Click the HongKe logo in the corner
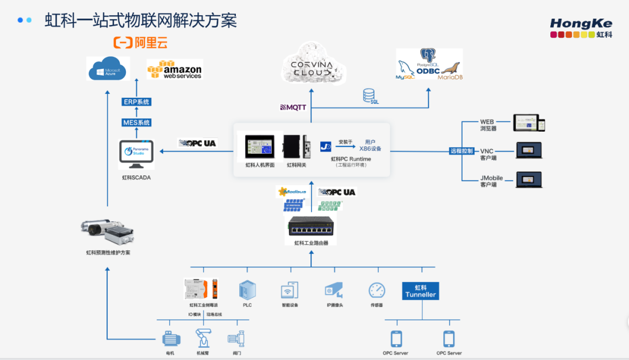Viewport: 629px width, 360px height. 581,27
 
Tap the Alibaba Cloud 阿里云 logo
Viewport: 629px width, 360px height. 140,43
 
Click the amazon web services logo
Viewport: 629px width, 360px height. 175,69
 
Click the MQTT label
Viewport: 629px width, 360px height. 293,107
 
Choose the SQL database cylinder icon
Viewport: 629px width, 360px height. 369,94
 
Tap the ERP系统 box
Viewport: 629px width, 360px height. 136,102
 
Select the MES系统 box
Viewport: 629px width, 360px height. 136,122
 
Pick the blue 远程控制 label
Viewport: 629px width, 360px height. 462,151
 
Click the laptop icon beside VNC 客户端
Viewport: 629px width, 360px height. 528,150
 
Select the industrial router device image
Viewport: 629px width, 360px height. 311,227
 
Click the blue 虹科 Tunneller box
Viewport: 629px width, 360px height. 420,291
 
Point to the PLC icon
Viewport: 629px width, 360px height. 247,290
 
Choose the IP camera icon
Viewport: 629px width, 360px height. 334,290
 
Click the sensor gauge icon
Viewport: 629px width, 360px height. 377,290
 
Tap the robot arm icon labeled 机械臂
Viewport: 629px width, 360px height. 203,338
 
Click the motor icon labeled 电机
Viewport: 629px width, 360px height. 171,338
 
